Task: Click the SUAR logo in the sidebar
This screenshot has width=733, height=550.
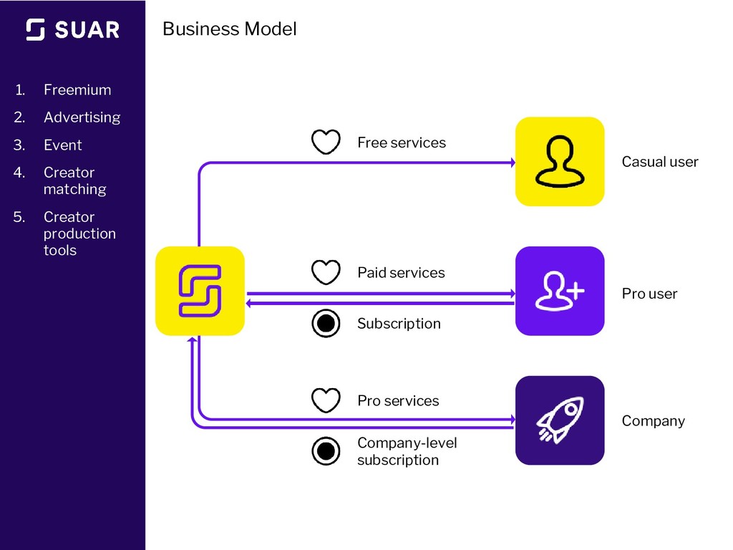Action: click(x=72, y=29)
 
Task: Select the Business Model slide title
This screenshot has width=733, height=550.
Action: click(x=229, y=29)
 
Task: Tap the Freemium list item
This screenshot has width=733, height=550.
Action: click(x=77, y=90)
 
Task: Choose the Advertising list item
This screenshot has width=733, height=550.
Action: click(x=82, y=117)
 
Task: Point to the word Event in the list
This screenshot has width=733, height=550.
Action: click(x=63, y=145)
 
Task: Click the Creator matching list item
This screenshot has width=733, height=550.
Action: click(x=74, y=180)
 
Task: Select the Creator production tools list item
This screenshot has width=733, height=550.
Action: click(x=79, y=233)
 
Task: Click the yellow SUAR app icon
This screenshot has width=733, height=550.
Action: click(x=200, y=291)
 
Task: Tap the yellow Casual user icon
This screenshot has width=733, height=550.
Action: click(x=560, y=161)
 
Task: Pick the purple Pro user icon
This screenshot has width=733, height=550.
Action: click(x=560, y=291)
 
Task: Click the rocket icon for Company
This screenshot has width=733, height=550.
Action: click(x=560, y=420)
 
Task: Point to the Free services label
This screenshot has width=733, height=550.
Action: click(x=401, y=143)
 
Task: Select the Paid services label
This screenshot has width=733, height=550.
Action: click(x=400, y=273)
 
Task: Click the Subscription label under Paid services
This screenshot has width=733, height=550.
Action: click(x=399, y=324)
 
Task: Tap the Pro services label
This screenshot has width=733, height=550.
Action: click(x=398, y=401)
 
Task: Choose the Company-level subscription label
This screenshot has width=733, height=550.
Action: click(x=406, y=451)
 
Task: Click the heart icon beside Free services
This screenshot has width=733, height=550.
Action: click(x=326, y=142)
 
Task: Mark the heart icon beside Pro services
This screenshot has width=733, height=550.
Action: click(x=326, y=400)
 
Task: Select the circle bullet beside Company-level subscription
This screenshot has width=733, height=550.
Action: click(x=326, y=451)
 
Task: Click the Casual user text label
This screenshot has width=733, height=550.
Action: click(x=659, y=162)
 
